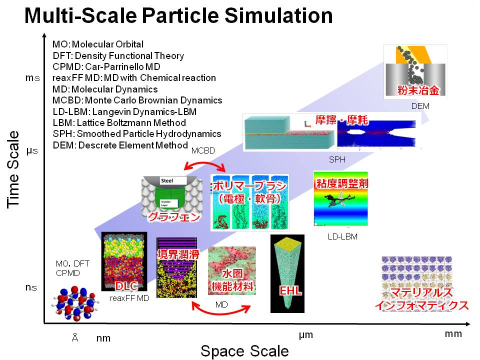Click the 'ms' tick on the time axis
(x=31, y=78)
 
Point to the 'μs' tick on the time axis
(x=31, y=149)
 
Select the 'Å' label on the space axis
(x=75, y=338)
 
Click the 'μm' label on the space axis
(x=305, y=335)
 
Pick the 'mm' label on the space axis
(x=453, y=334)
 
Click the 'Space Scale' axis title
(x=244, y=350)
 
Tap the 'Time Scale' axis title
(x=14, y=170)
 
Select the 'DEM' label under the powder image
(x=420, y=106)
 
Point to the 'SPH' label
(x=337, y=159)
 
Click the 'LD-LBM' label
(x=342, y=236)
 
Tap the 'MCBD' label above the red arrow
(x=202, y=150)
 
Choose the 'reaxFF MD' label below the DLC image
(x=129, y=298)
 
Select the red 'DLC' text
(x=126, y=286)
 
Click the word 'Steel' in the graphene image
(x=166, y=180)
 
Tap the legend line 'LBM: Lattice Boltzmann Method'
(x=119, y=122)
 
